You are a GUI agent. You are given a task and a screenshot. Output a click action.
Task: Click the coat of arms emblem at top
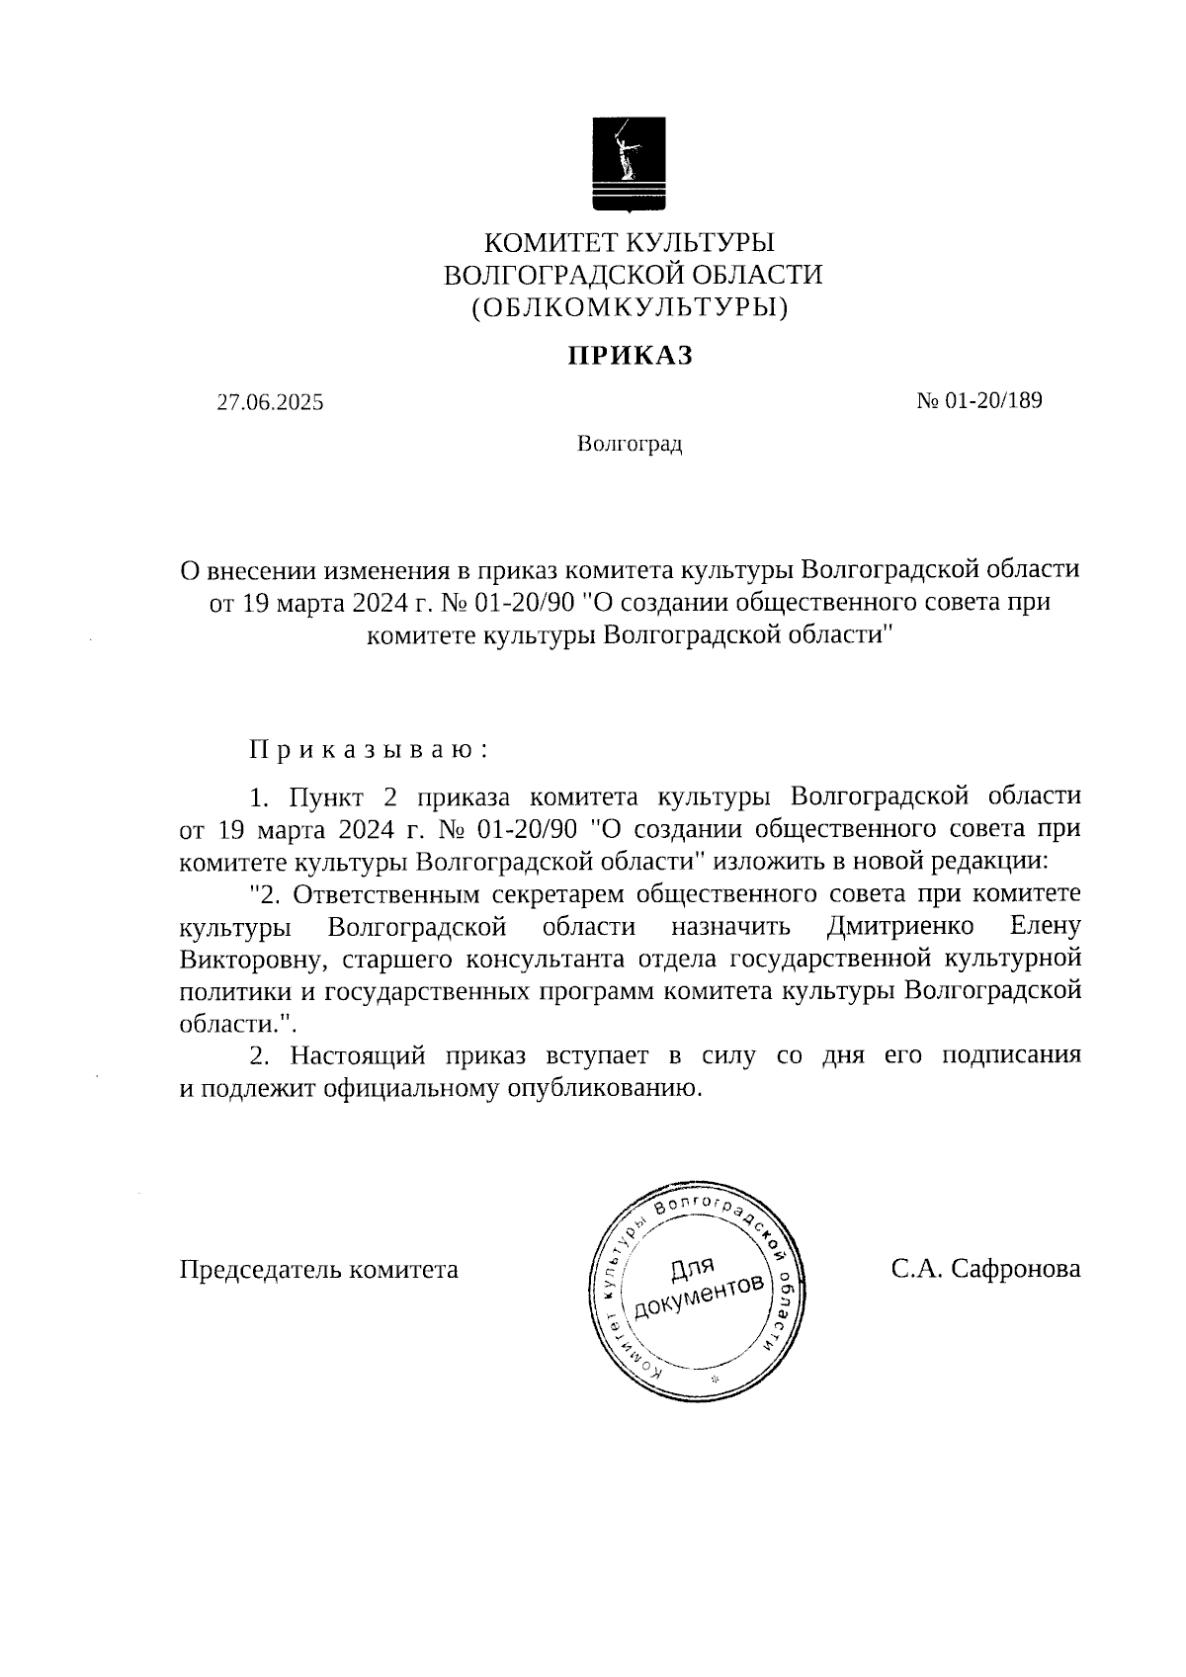(630, 163)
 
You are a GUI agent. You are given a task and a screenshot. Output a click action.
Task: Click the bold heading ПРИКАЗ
(630, 356)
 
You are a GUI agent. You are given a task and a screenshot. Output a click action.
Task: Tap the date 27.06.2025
(270, 403)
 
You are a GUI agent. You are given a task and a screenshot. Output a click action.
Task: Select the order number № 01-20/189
(979, 401)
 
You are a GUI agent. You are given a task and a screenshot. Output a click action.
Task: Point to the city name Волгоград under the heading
(630, 445)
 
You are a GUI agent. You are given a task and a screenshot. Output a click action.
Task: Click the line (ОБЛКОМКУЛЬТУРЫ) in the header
(630, 308)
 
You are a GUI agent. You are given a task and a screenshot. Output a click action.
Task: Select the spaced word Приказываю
(368, 749)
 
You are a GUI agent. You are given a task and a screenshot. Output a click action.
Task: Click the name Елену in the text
(1046, 927)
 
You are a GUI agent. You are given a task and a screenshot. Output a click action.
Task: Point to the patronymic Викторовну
(251, 960)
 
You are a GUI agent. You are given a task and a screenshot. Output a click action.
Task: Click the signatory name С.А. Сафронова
(984, 1270)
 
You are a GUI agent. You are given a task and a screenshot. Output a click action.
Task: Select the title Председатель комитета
(318, 1270)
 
